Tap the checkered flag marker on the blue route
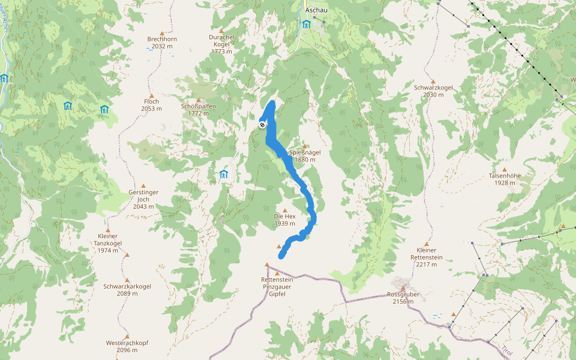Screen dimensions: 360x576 (x=262, y=124)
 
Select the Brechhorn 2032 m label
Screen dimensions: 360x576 (x=162, y=43)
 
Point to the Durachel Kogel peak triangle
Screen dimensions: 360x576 (x=221, y=31)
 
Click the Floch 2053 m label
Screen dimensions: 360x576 (x=151, y=105)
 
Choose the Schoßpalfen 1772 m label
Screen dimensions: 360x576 (x=198, y=110)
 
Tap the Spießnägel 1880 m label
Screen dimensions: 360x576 (x=305, y=156)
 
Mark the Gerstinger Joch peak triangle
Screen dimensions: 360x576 (x=143, y=185)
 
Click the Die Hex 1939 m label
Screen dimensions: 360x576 (x=284, y=220)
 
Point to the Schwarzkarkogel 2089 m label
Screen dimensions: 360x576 (x=127, y=290)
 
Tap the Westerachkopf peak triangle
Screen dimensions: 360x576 (x=127, y=337)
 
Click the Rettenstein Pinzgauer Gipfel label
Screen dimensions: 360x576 (x=277, y=287)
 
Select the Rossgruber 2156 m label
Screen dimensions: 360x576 (x=403, y=298)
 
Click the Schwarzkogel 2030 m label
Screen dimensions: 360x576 (x=433, y=91)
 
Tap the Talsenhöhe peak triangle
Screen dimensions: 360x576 (x=504, y=170)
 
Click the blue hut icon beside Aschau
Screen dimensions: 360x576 (x=307, y=24)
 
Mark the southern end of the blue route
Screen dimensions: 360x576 (x=281, y=257)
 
